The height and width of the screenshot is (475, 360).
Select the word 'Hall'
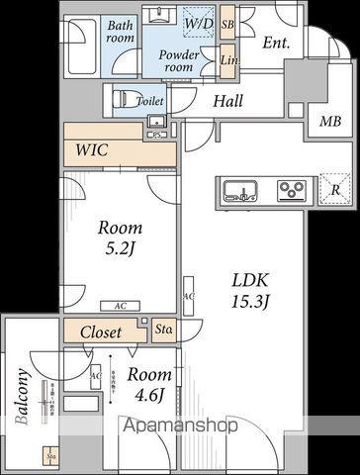point(229,99)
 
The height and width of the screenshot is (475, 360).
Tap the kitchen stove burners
point(293,188)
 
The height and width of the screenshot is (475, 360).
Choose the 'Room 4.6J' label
point(150,385)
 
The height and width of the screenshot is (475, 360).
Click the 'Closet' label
point(101,332)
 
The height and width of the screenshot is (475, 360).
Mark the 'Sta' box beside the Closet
point(164,330)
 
